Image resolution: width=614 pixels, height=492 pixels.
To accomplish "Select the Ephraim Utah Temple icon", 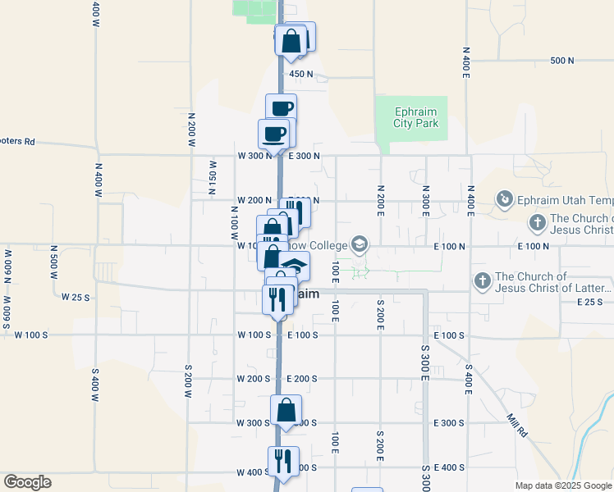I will [x=504, y=198].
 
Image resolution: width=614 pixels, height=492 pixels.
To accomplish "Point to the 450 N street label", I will [x=301, y=75].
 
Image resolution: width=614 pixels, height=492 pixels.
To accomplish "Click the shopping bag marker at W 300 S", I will [x=286, y=408].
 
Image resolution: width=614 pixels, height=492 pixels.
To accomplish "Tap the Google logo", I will [x=27, y=482].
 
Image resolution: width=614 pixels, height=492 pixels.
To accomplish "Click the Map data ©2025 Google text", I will [x=564, y=485].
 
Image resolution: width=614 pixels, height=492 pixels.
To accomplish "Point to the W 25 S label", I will [x=75, y=297].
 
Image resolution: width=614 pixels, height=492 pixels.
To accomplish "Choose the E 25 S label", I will [x=589, y=303].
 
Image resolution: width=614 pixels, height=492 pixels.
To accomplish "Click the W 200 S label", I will [x=254, y=379].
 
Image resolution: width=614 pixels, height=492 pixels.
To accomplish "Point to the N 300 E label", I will [x=426, y=198].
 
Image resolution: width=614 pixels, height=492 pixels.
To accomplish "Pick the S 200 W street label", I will [x=188, y=379].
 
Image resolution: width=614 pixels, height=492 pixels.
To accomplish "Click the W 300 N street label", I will [x=254, y=156].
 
